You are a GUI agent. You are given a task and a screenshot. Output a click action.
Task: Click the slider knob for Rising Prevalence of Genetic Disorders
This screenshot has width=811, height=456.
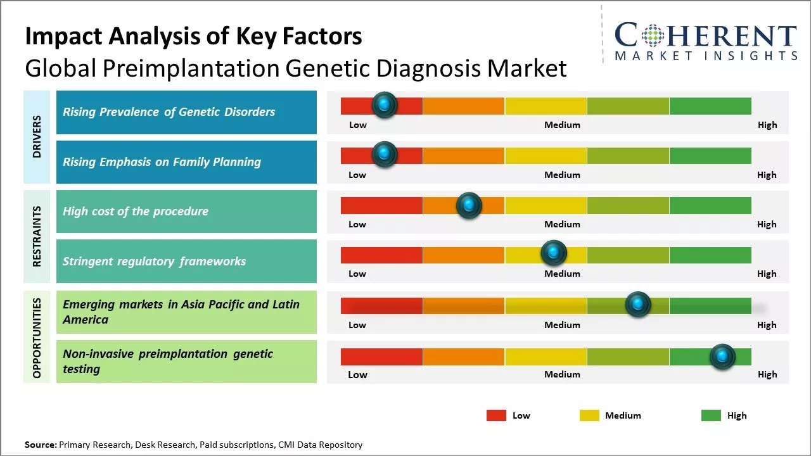[384, 105]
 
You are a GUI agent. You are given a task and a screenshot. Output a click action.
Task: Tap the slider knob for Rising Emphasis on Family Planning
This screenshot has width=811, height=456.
[384, 155]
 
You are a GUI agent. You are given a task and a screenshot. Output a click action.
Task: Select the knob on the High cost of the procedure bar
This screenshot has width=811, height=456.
[469, 205]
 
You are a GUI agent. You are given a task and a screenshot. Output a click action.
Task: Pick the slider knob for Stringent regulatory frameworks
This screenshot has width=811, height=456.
[554, 253]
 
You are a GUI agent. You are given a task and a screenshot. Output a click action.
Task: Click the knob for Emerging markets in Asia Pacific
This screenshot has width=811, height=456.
[638, 305]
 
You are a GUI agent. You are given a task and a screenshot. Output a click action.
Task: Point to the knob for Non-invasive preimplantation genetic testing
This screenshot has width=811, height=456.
[722, 357]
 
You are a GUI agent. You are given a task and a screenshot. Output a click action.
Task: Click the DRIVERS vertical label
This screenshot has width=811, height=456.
[37, 137]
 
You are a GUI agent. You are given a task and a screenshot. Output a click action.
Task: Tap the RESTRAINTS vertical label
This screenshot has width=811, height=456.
[37, 236]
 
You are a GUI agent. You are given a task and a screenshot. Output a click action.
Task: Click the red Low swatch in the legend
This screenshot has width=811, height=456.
[496, 415]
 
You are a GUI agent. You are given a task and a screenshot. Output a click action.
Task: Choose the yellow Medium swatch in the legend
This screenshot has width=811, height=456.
[589, 415]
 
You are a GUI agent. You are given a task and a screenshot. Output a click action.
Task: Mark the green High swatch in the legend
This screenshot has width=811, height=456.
[711, 415]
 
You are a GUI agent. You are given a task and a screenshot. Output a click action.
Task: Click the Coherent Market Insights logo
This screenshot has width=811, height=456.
[705, 41]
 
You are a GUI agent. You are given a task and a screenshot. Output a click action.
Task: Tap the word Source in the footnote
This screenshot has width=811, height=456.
[40, 445]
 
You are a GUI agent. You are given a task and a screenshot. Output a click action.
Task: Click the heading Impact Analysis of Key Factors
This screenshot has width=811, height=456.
[193, 37]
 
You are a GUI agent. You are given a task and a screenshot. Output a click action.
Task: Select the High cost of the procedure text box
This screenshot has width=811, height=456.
[186, 212]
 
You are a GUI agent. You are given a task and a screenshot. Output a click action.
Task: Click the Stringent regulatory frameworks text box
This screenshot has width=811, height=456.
[186, 261]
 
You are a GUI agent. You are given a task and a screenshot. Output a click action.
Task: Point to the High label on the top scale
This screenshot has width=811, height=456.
[767, 125]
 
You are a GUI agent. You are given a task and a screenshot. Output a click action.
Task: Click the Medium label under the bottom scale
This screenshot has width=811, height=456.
[562, 374]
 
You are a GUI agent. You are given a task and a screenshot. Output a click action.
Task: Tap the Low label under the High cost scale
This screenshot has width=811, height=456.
[357, 224]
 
